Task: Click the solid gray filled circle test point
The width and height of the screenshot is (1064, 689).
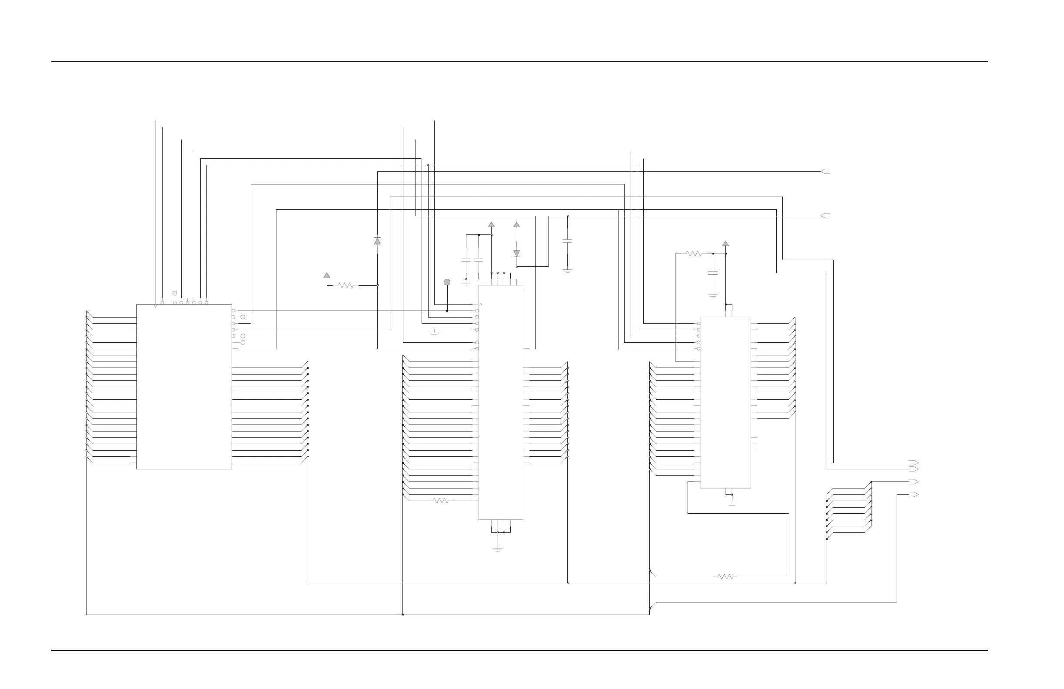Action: [x=447, y=282]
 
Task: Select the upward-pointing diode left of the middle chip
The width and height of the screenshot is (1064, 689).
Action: [x=377, y=241]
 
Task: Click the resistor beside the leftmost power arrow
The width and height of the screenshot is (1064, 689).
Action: [x=346, y=285]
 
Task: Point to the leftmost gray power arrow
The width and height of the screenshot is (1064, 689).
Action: [x=327, y=275]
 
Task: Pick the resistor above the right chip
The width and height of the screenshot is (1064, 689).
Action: [x=694, y=254]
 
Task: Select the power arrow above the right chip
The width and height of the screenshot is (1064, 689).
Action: [x=725, y=244]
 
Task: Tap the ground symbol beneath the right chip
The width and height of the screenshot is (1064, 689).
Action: [x=732, y=505]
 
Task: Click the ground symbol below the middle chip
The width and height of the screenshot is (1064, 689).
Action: [x=498, y=549]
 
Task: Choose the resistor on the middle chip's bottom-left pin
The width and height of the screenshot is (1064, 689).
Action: [x=441, y=501]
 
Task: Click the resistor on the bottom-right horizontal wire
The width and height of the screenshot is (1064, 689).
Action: [x=725, y=577]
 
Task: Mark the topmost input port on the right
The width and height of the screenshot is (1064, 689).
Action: [x=826, y=171]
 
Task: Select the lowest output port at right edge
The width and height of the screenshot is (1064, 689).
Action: [x=914, y=495]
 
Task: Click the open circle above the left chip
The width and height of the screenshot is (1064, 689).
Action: [x=175, y=294]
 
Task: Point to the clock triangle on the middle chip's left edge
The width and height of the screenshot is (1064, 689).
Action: [x=480, y=304]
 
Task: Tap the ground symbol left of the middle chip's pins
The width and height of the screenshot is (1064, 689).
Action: [x=434, y=334]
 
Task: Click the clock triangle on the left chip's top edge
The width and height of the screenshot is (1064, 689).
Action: [x=156, y=306]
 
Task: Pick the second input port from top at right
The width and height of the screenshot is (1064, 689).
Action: [x=826, y=216]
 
